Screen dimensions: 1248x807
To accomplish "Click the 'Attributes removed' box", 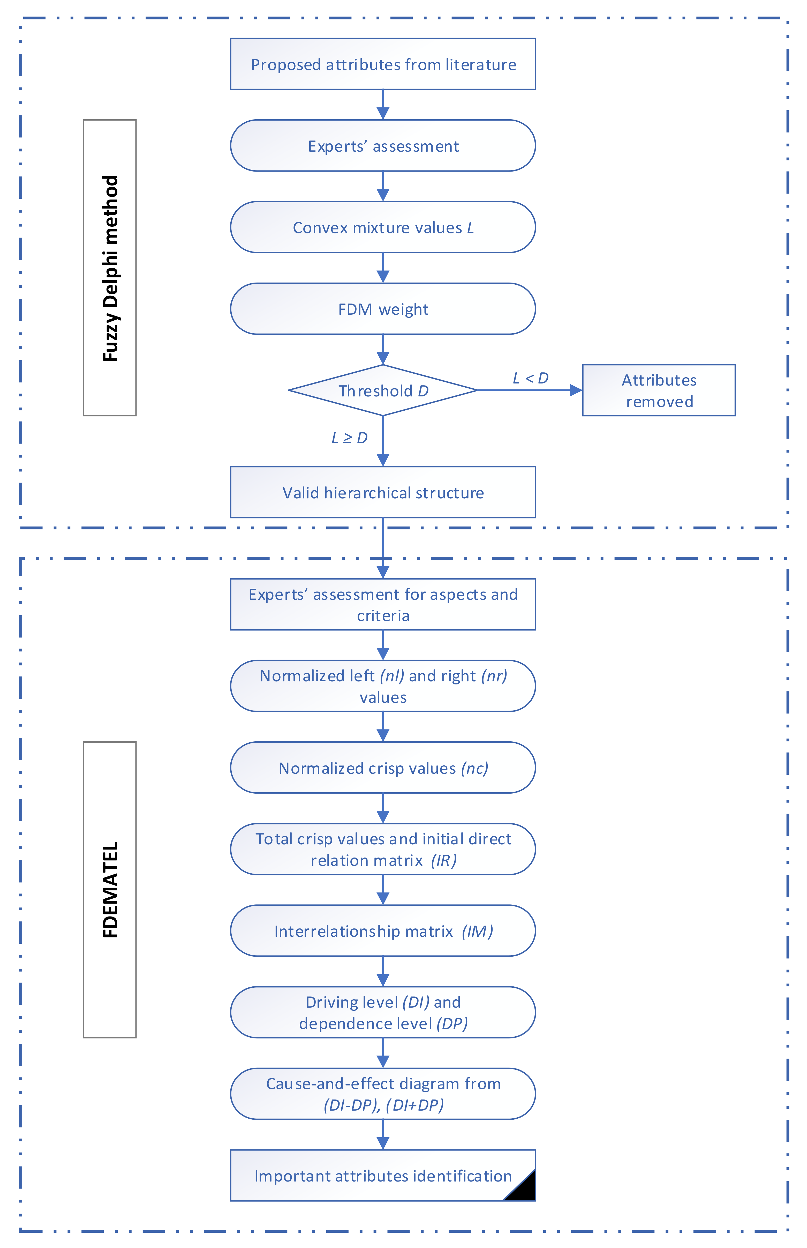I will [x=659, y=391].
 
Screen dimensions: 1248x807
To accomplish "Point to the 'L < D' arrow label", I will [x=530, y=378].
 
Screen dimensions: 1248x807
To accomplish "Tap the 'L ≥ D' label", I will [x=350, y=438].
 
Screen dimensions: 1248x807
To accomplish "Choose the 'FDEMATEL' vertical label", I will [x=110, y=890].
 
